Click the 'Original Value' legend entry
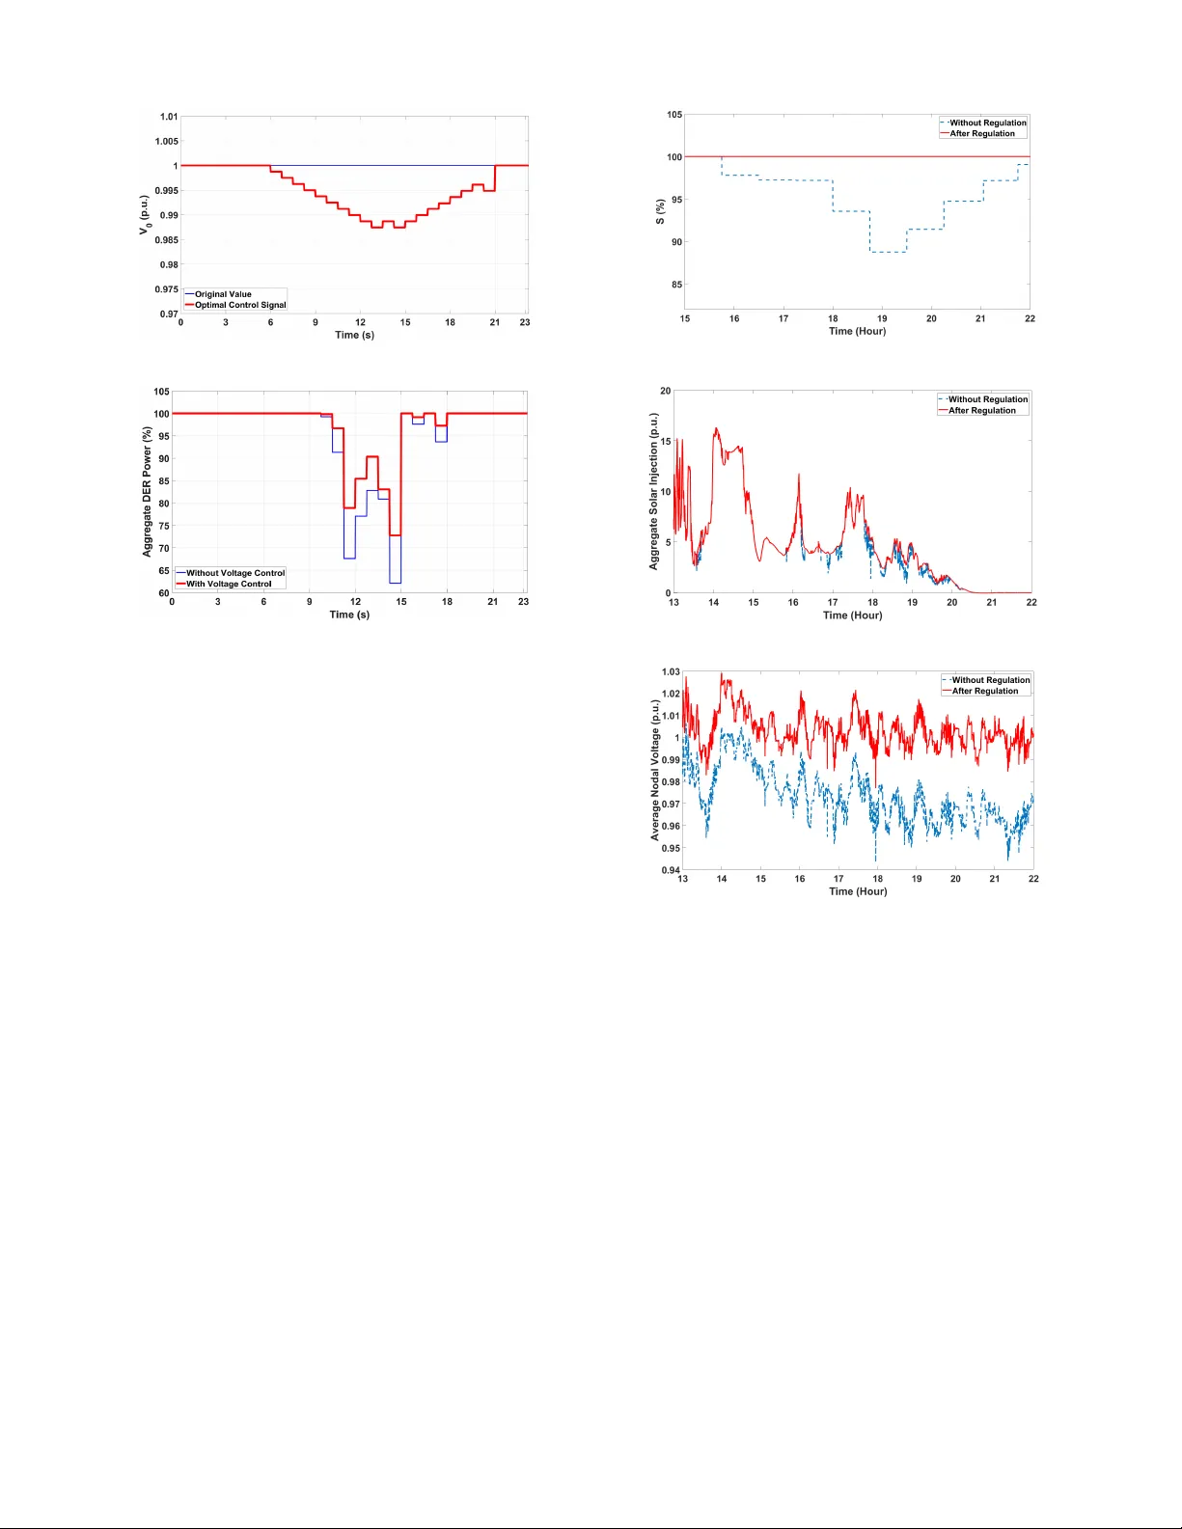point(223,294)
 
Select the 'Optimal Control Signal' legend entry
point(240,305)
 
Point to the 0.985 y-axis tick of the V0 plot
point(167,240)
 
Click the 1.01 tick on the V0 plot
point(169,117)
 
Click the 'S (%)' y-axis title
point(660,212)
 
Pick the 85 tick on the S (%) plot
point(676,285)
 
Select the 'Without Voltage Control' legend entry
point(235,573)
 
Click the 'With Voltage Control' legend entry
point(229,584)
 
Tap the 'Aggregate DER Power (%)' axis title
point(148,492)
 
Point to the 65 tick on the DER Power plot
point(163,571)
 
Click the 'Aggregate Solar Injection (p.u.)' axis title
point(654,491)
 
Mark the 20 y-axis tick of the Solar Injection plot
point(666,391)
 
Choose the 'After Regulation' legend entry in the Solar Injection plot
point(982,411)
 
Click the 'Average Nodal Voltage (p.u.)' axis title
point(655,770)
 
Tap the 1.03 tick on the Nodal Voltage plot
point(671,671)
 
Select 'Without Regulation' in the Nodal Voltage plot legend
point(991,680)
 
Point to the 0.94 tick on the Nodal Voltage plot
point(671,870)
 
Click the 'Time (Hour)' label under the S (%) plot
point(857,331)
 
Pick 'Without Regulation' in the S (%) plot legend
point(988,123)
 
